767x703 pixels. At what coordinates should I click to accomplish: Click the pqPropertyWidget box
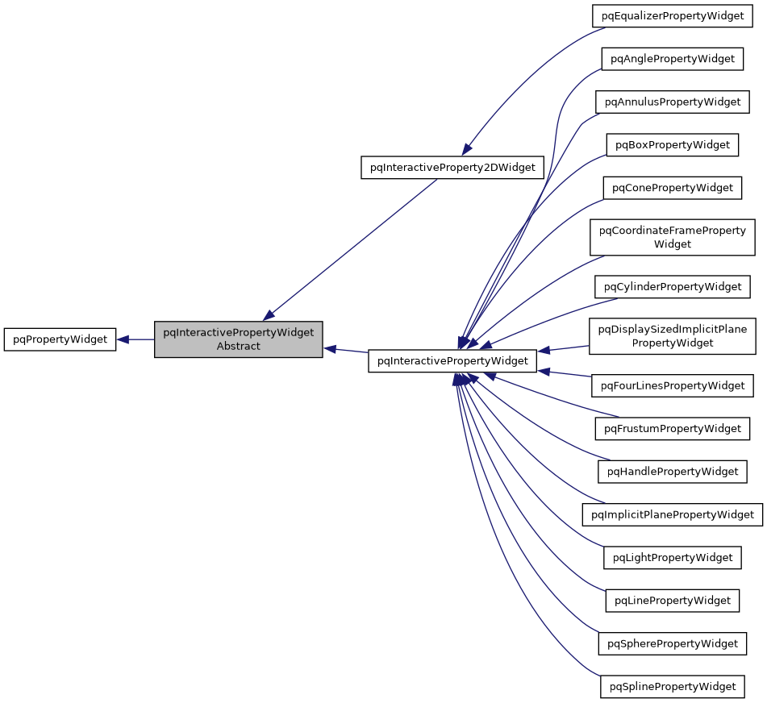pyautogui.click(x=60, y=339)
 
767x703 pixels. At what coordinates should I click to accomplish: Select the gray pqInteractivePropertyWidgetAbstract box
pyautogui.click(x=239, y=339)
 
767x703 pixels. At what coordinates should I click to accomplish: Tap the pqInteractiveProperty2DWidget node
pyautogui.click(x=452, y=167)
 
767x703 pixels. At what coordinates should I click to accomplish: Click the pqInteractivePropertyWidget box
pyautogui.click(x=452, y=361)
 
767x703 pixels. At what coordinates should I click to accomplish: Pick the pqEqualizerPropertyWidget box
pyautogui.click(x=672, y=16)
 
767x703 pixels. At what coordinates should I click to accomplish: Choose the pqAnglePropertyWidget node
pyautogui.click(x=672, y=59)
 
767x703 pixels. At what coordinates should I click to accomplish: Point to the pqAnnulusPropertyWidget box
pyautogui.click(x=672, y=102)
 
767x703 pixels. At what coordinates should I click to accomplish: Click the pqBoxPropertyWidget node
pyautogui.click(x=672, y=145)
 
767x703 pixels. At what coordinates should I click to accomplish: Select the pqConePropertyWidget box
pyautogui.click(x=672, y=188)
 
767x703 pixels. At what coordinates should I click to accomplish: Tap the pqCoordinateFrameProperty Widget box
pyautogui.click(x=672, y=237)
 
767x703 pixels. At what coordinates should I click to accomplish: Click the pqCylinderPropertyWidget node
pyautogui.click(x=672, y=286)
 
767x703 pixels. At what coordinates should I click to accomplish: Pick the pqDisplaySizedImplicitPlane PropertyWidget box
pyautogui.click(x=672, y=335)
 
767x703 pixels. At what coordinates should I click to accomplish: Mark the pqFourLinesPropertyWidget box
pyautogui.click(x=672, y=385)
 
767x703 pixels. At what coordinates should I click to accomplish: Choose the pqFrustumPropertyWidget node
pyautogui.click(x=672, y=428)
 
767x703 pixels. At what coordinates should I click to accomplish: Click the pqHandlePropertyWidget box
pyautogui.click(x=672, y=471)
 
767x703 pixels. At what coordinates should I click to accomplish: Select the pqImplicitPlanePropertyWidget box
pyautogui.click(x=672, y=514)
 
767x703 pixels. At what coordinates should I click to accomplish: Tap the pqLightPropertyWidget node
pyautogui.click(x=672, y=557)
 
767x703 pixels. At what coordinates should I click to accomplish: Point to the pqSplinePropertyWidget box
pyautogui.click(x=672, y=686)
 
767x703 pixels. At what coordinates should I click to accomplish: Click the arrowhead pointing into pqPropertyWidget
pyautogui.click(x=123, y=339)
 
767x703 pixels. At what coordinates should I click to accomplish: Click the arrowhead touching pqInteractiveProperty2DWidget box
pyautogui.click(x=467, y=149)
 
